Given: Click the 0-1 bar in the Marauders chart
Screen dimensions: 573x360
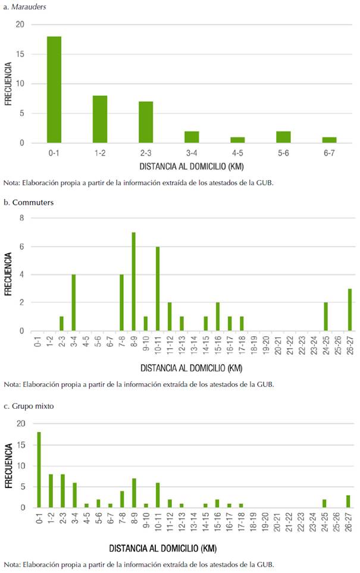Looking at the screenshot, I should tap(54, 89).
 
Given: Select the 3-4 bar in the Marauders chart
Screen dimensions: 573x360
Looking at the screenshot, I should tap(192, 137).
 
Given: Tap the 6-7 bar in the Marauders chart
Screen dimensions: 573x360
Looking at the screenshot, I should tap(329, 140).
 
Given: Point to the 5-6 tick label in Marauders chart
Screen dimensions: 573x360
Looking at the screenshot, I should tap(283, 154).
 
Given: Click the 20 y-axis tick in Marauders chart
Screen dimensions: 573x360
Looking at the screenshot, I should tap(21, 24).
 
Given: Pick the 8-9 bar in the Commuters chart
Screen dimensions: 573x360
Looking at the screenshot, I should tap(134, 281).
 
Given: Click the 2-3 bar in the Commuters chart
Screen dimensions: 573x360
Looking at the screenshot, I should tap(62, 324).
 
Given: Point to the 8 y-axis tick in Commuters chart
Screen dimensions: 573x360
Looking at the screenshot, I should tap(22, 218).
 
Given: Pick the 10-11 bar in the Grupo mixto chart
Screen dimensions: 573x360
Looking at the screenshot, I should tap(158, 494).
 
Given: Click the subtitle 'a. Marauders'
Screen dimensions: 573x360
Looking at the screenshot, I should tap(25, 6).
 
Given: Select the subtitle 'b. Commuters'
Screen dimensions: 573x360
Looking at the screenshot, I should tap(29, 202).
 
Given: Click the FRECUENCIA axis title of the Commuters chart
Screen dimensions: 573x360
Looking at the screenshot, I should tap(8, 274).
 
